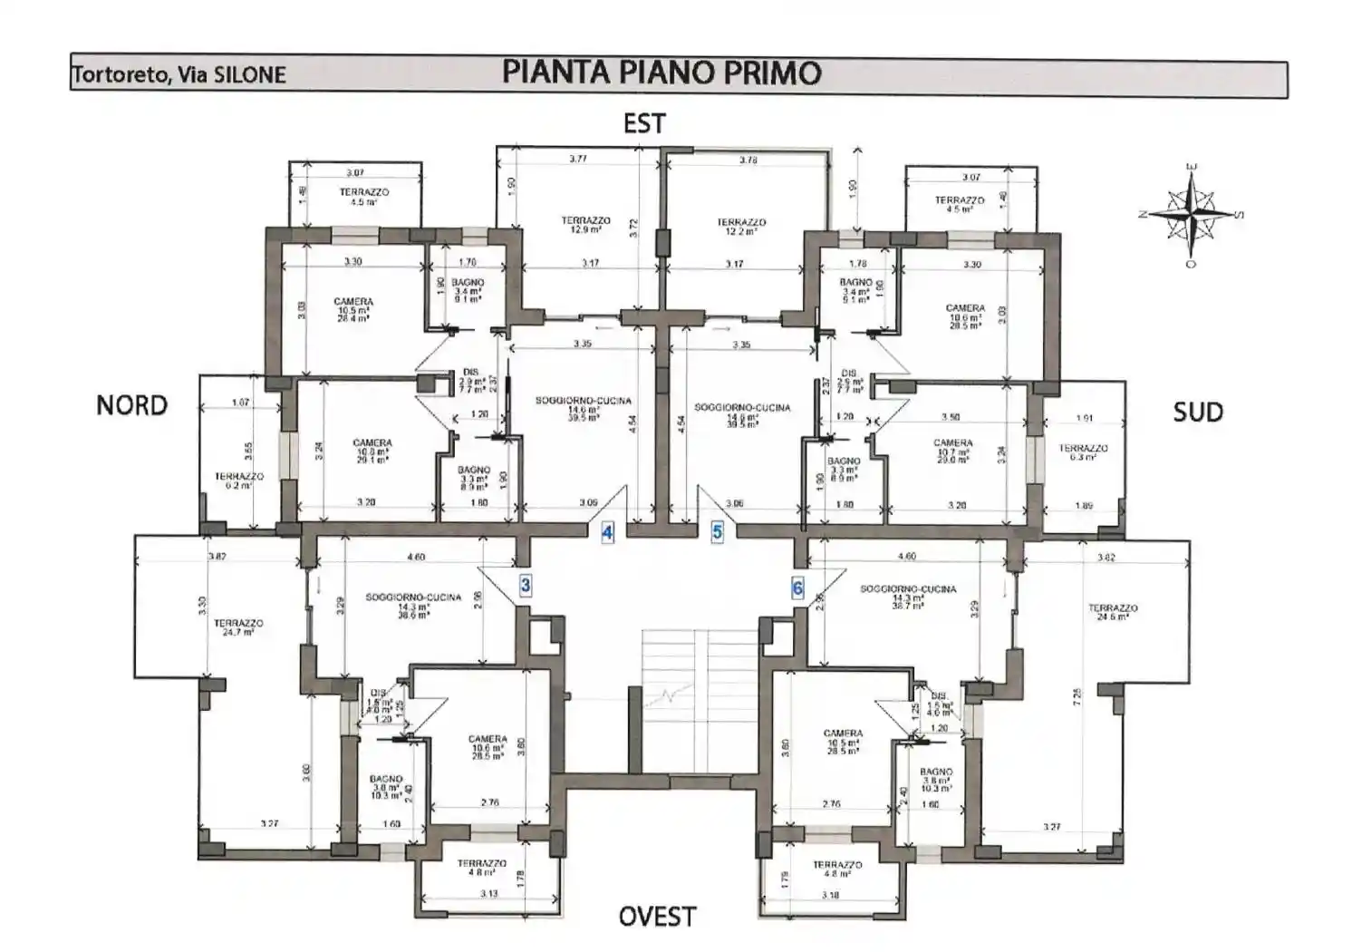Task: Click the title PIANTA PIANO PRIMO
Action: (662, 73)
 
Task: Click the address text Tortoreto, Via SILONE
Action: (179, 75)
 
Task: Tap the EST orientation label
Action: (644, 124)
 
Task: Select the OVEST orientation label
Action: (657, 917)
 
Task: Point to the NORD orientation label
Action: (132, 405)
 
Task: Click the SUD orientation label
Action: (1197, 413)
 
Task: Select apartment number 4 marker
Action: (607, 533)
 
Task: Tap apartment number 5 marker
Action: (718, 532)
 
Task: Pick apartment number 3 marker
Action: (526, 586)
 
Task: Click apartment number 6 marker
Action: (797, 588)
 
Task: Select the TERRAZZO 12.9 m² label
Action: (585, 225)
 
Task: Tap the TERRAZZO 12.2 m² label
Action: (741, 227)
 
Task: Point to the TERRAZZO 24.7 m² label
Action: (238, 627)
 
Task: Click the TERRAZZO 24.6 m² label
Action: (1113, 612)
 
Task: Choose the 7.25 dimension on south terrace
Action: (1077, 696)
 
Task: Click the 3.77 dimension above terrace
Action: (577, 160)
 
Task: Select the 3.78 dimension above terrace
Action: (748, 160)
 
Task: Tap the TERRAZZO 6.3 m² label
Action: (1083, 452)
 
